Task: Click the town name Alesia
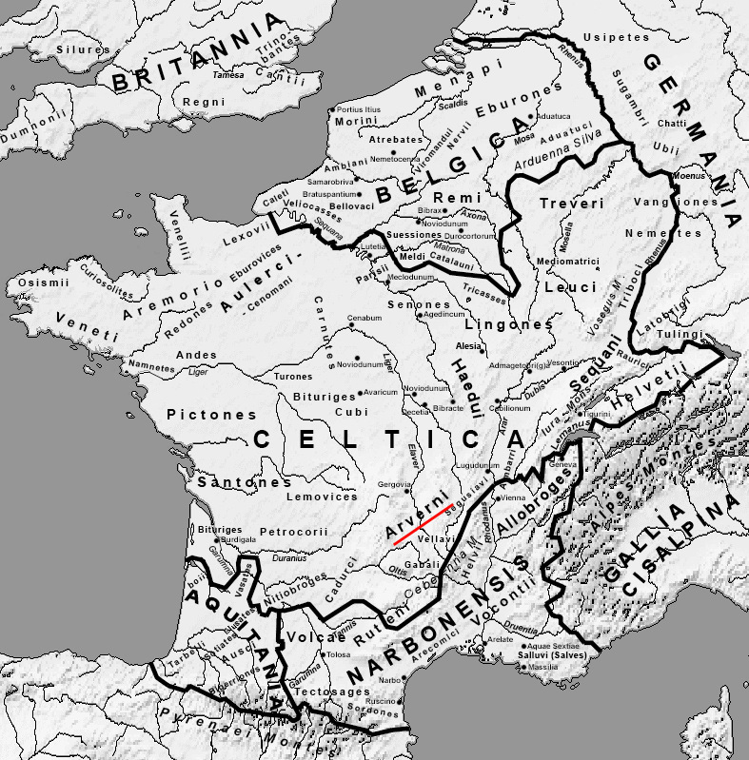(x=469, y=347)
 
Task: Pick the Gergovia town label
(x=395, y=484)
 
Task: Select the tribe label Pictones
(x=211, y=415)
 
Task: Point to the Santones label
(x=238, y=483)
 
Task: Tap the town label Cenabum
(x=364, y=317)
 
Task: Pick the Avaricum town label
(x=380, y=392)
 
